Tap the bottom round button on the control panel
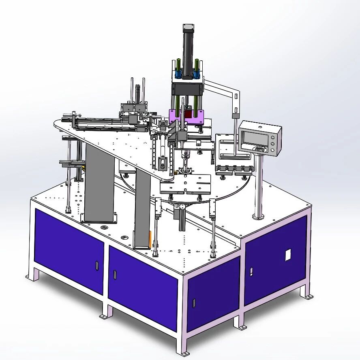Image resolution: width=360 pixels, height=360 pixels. (x=272, y=150)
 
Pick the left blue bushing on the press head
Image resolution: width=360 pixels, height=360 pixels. (x=178, y=74)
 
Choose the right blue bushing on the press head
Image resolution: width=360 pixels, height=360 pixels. (x=197, y=74)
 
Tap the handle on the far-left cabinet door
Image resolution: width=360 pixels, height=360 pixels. (x=97, y=265)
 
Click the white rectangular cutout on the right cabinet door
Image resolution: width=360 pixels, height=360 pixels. (x=288, y=255)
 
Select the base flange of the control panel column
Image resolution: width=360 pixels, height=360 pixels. (x=258, y=217)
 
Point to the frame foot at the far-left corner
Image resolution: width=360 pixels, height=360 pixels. (x=29, y=277)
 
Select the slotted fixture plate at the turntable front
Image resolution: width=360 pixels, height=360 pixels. (x=185, y=185)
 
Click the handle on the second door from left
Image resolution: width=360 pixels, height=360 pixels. (x=115, y=274)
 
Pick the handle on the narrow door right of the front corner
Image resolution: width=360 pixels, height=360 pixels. (x=193, y=302)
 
